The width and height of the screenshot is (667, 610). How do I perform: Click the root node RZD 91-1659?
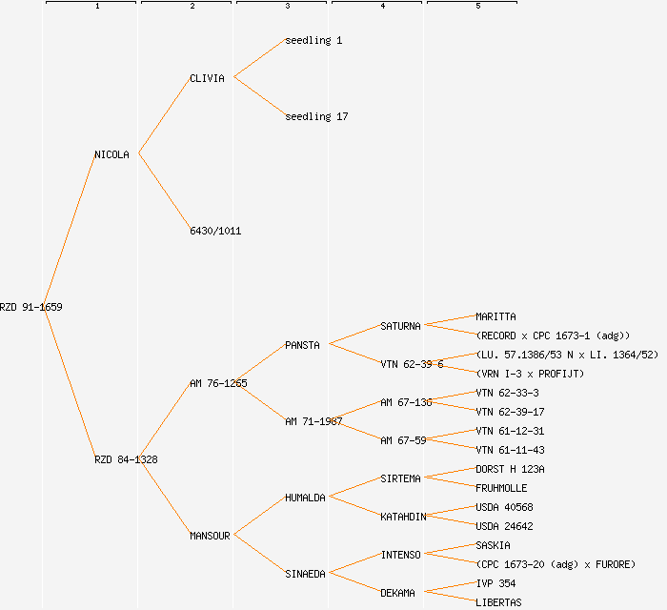point(31,307)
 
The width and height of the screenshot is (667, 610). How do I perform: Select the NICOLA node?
point(111,154)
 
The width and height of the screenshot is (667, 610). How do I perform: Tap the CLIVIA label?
point(207,78)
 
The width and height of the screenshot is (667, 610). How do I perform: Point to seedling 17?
point(316,116)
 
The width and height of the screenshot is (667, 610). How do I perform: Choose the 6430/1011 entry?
point(215,231)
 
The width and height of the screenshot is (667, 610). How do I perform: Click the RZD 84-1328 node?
point(126,459)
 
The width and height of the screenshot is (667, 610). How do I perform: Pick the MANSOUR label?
point(210,536)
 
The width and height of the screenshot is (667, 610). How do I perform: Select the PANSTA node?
point(302,345)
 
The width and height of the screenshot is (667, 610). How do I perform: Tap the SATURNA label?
point(400,326)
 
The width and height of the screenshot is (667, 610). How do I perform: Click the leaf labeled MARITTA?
point(495,316)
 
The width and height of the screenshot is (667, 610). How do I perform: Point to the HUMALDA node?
point(305,498)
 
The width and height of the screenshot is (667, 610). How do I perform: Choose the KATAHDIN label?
point(403,517)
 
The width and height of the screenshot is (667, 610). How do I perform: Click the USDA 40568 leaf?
point(504,507)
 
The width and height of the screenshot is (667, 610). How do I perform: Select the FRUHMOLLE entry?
point(501,488)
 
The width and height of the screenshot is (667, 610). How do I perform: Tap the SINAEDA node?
point(305,574)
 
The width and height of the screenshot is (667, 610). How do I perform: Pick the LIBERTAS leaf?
point(498,602)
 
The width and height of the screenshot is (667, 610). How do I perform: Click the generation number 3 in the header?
point(287,7)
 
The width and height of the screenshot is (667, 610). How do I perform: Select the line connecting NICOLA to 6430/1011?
point(164,192)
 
